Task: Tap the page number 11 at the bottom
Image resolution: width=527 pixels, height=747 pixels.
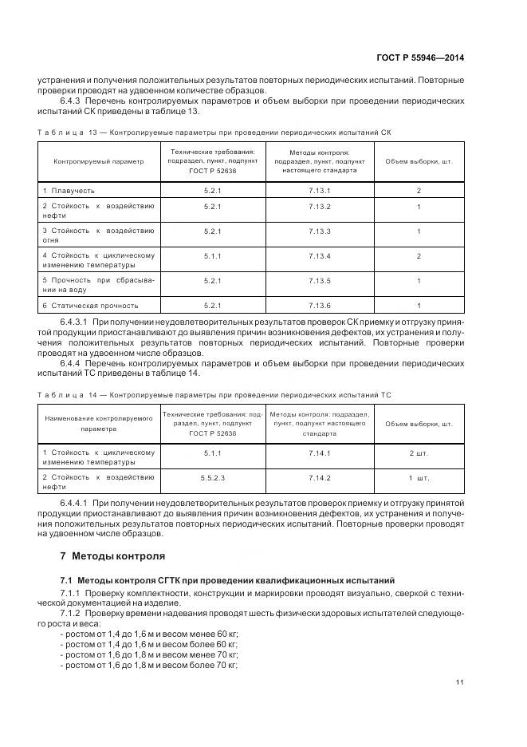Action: [x=460, y=682]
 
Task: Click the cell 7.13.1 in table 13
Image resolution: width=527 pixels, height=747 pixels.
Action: [x=319, y=191]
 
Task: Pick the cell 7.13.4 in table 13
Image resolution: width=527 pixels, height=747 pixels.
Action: [x=319, y=256]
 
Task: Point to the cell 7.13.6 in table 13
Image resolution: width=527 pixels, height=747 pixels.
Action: [x=319, y=305]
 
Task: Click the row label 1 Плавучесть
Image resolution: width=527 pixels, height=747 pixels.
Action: [x=69, y=191]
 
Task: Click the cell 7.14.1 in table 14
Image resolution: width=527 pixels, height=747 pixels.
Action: [x=319, y=453]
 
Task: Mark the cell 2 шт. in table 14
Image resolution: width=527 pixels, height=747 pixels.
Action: [x=419, y=453]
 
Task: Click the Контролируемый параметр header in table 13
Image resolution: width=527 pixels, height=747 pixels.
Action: [x=99, y=160]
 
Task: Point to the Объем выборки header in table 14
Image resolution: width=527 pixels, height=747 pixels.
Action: [x=419, y=424]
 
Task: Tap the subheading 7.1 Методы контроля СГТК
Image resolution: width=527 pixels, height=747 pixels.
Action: [x=227, y=579]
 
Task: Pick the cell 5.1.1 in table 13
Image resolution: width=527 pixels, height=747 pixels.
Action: [x=212, y=256]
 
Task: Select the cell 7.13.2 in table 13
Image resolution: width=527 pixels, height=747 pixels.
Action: [x=319, y=207]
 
